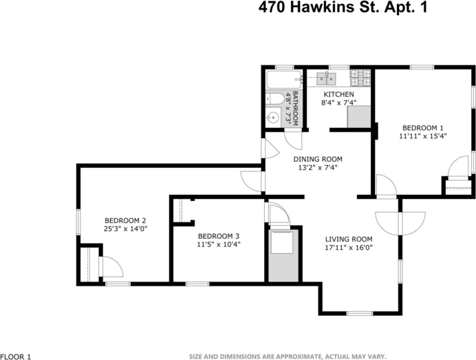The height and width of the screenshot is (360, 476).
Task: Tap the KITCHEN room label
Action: coord(338,94)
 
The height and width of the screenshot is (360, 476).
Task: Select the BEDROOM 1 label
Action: coord(422,127)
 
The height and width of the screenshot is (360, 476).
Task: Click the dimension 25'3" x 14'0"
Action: coord(126,229)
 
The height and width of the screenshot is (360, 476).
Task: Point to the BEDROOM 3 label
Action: coord(218,235)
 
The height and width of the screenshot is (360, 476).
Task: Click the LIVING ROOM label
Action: coord(348,240)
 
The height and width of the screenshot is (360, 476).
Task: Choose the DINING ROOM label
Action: coord(319,159)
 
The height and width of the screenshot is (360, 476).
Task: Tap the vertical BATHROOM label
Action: coord(296,107)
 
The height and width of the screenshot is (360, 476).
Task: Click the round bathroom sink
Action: coord(274,117)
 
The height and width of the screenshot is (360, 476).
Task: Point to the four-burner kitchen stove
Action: coord(360,76)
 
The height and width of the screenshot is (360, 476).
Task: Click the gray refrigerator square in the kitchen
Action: coord(359,118)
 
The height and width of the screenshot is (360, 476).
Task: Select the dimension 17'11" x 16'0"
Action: coord(348,248)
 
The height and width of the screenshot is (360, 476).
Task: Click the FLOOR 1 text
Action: coord(16,356)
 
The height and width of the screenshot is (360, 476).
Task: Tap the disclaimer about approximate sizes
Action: coord(288,356)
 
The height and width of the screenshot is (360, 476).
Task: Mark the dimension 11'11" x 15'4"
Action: coord(422,136)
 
